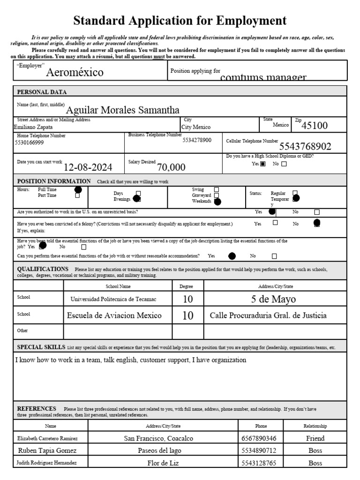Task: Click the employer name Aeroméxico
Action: (x=75, y=73)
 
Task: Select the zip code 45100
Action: (x=315, y=126)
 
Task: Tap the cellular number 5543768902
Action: (x=305, y=146)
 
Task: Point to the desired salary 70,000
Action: (x=171, y=167)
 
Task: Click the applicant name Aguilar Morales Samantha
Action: (x=122, y=110)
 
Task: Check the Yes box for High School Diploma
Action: (x=262, y=164)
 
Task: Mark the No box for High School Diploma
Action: (x=284, y=164)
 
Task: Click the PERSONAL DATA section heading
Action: (x=42, y=92)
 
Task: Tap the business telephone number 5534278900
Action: (x=197, y=140)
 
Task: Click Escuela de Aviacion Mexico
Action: (x=114, y=315)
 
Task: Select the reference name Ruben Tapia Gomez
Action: (x=47, y=450)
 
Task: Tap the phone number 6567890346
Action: (x=255, y=438)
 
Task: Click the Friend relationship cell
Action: (x=315, y=438)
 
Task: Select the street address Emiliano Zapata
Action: (x=34, y=127)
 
